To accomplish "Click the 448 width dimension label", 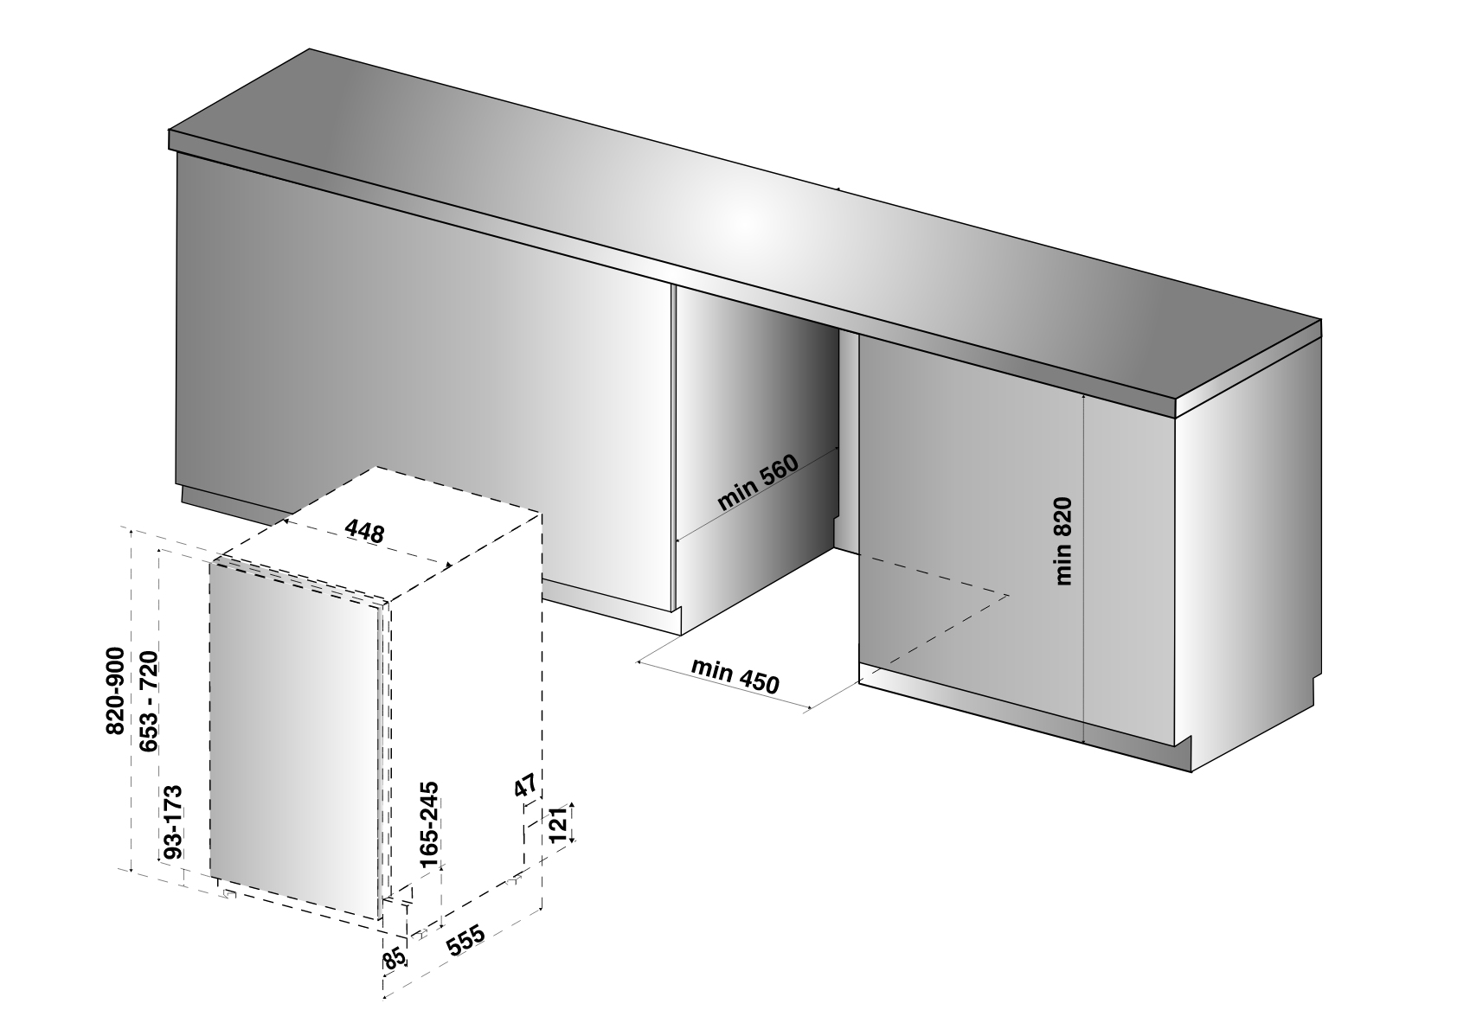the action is coord(364,531).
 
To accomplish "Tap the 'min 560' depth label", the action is coord(758,483).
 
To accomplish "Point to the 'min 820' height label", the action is coord(1062,540).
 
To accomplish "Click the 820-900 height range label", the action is coord(115,690).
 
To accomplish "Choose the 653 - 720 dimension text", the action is coord(148,701).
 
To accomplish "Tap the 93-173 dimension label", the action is coord(171,822).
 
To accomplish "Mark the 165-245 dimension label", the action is coord(429,824).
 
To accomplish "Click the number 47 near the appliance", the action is coord(525,784).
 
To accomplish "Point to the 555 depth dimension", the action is coord(465,940).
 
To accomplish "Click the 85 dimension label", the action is coord(395,959).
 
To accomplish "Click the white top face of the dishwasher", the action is coord(381,534).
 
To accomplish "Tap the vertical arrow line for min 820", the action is coord(1083,567).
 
